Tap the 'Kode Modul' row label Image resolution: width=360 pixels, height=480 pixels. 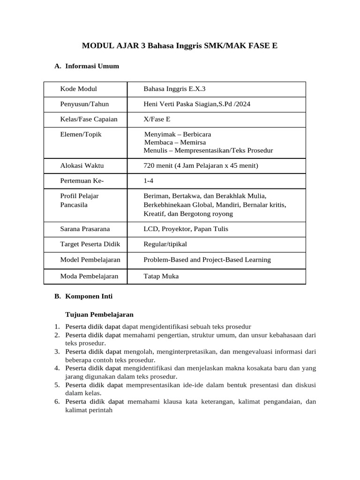coord(78,89)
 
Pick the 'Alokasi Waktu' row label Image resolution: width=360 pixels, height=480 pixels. coord(82,165)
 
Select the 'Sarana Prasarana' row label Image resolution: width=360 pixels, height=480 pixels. coord(85,229)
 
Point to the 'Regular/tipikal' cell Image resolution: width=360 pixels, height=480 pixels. coord(165,244)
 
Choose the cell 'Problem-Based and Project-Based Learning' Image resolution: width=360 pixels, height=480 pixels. coord(207,260)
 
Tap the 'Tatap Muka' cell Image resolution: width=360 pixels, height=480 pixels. coord(161,276)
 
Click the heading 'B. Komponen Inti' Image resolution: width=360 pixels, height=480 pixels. coord(83,297)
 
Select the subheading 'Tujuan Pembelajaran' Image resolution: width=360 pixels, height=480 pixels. coord(99,314)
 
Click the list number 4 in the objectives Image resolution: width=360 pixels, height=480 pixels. coord(56,368)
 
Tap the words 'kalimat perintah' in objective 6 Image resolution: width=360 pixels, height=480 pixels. coord(89,410)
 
